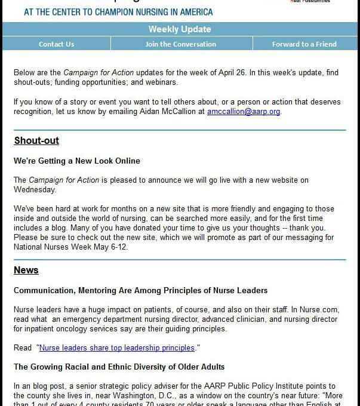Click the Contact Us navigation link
pyautogui.click(x=57, y=44)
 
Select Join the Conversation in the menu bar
pyautogui.click(x=180, y=44)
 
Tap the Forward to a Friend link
pyautogui.click(x=304, y=44)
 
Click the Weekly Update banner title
pyautogui.click(x=180, y=29)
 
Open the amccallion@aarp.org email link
pyautogui.click(x=244, y=112)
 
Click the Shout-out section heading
pyautogui.click(x=36, y=142)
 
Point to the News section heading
pyautogui.click(x=26, y=270)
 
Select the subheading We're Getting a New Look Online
pyautogui.click(x=77, y=161)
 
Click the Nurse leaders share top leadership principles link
pyautogui.click(x=117, y=347)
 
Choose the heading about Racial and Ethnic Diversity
pyautogui.click(x=119, y=367)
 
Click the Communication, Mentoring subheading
pyautogui.click(x=140, y=290)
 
